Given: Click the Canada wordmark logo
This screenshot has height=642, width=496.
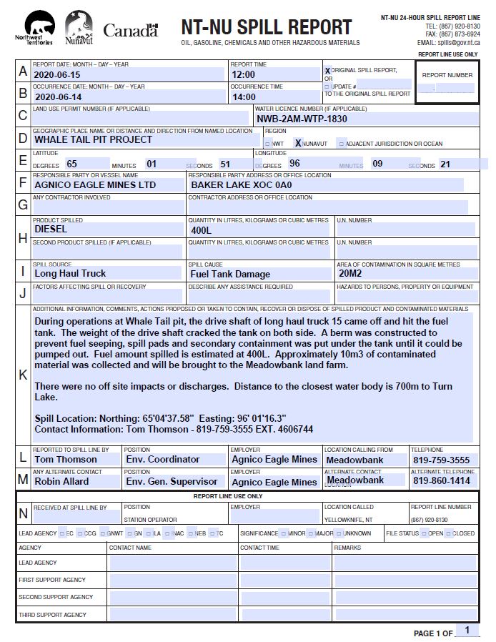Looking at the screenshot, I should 130,30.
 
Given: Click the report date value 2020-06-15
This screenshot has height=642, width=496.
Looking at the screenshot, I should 58,74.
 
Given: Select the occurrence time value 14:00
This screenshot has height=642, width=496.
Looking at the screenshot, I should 244,97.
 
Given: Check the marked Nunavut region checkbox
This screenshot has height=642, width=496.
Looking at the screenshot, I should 299,143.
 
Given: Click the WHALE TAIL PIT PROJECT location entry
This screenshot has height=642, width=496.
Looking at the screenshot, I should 93,139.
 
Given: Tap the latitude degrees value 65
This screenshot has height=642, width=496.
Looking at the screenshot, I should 71,164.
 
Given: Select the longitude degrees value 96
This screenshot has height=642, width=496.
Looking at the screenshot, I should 294,163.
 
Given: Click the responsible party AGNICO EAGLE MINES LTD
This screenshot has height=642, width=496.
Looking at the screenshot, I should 95,184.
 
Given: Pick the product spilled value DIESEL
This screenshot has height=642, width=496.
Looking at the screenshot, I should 51,229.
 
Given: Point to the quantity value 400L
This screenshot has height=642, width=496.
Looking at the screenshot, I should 202,231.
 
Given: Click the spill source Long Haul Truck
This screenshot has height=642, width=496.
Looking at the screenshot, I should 70,273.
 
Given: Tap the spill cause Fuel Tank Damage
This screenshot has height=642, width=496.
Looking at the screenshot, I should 230,274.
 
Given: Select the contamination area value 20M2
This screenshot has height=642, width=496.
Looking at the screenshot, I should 350,273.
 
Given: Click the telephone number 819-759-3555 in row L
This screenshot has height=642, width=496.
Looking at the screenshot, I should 441,460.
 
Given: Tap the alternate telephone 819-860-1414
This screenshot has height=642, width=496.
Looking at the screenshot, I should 441,481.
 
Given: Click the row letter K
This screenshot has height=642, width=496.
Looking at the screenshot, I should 23,375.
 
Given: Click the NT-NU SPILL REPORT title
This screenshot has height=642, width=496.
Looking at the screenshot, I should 266,28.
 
